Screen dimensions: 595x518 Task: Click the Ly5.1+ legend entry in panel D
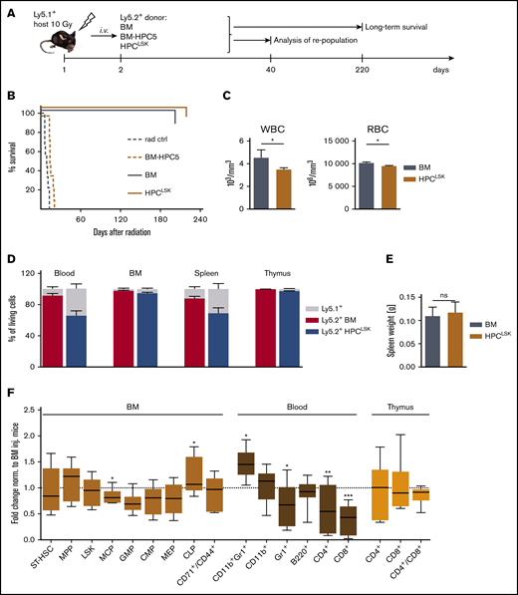tap(413, 311)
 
